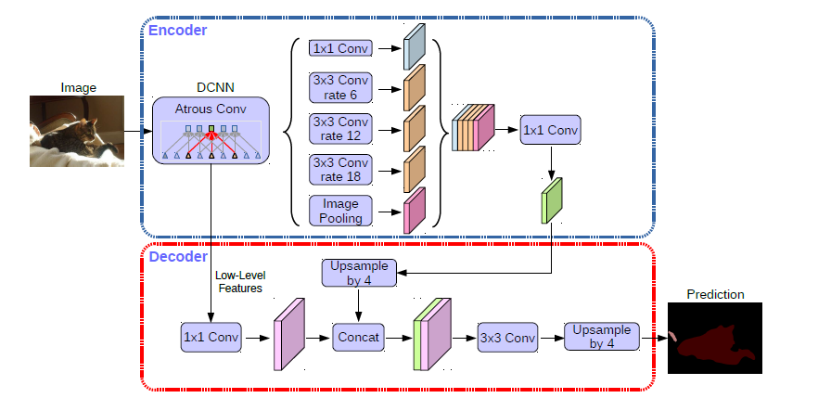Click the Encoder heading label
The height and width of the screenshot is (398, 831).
pyautogui.click(x=178, y=30)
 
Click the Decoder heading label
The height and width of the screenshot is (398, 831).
pyautogui.click(x=178, y=256)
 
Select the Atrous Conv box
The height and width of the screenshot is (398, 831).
pyautogui.click(x=211, y=131)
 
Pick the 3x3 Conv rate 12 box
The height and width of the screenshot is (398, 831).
pyautogui.click(x=341, y=129)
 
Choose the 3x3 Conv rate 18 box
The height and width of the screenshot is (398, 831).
pyautogui.click(x=341, y=169)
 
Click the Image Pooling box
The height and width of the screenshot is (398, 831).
pyautogui.click(x=341, y=210)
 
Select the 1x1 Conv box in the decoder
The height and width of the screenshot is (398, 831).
pyautogui.click(x=211, y=337)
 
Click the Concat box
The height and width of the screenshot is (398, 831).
pyautogui.click(x=358, y=338)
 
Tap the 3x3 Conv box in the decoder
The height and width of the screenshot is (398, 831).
pyautogui.click(x=507, y=337)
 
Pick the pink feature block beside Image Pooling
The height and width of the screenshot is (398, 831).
pyautogui.click(x=414, y=211)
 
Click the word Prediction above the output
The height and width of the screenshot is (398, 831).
pyautogui.click(x=715, y=294)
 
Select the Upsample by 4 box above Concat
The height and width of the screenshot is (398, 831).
pyautogui.click(x=358, y=272)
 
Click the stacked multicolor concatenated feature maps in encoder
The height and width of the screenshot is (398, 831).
pyautogui.click(x=473, y=128)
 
